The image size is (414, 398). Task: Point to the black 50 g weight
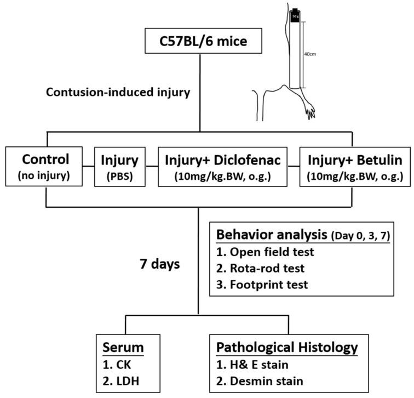click(x=296, y=16)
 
